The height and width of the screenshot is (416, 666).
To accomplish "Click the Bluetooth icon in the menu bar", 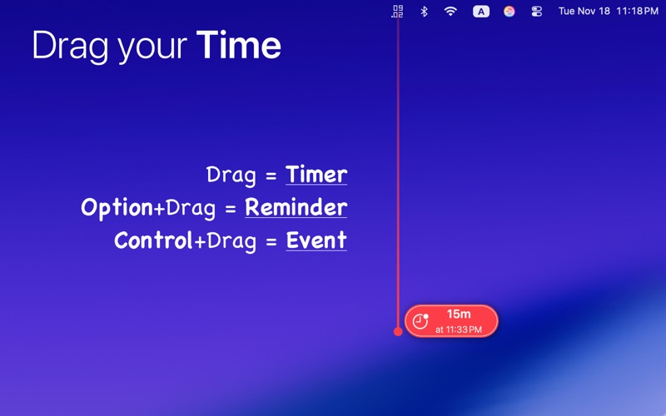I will (423, 12).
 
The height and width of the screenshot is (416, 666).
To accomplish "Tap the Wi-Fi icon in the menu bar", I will (450, 12).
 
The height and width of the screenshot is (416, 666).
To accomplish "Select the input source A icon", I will (481, 12).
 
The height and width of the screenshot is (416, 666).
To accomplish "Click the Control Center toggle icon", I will (536, 12).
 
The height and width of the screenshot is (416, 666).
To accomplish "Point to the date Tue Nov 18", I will (584, 12).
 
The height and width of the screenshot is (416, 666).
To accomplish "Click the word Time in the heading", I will (239, 46).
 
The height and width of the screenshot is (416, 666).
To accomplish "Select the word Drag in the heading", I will (71, 46).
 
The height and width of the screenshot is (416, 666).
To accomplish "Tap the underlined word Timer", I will (316, 175).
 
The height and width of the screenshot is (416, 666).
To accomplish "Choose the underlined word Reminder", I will (296, 207).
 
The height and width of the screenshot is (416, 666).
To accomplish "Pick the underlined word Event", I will (316, 240).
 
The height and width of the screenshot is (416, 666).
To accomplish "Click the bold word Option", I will (117, 207).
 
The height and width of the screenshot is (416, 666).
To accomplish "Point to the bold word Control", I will (153, 240).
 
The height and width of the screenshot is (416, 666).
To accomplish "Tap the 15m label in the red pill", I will (459, 314).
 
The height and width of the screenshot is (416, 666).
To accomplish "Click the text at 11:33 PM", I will (459, 329).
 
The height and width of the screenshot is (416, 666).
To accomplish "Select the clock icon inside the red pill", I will (420, 321).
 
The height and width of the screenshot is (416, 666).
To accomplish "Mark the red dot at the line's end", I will (398, 331).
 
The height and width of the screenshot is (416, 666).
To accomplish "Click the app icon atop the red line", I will (397, 11).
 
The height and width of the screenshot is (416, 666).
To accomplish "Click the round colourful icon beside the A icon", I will (509, 12).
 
